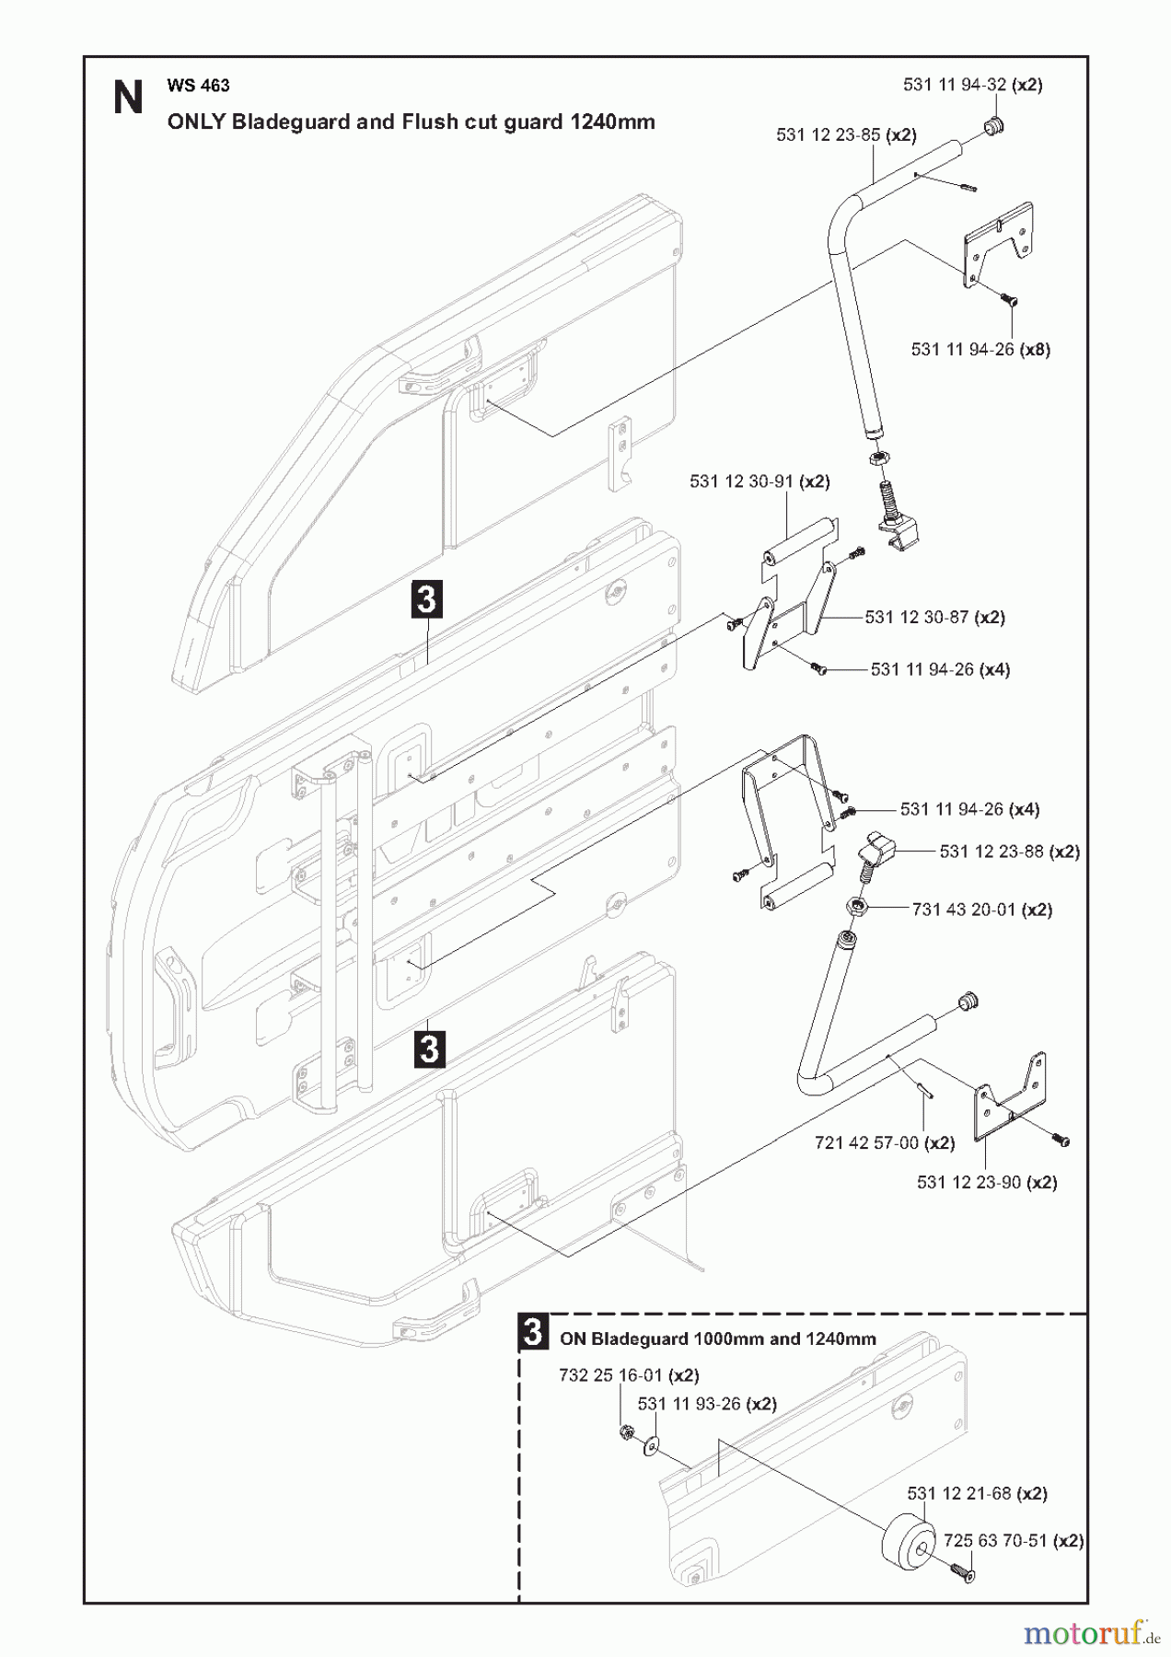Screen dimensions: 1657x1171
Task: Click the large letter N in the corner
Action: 128,98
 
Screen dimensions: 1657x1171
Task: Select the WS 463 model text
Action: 198,86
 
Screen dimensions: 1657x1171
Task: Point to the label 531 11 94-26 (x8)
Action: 980,350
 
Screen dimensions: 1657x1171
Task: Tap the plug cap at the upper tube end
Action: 993,126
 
